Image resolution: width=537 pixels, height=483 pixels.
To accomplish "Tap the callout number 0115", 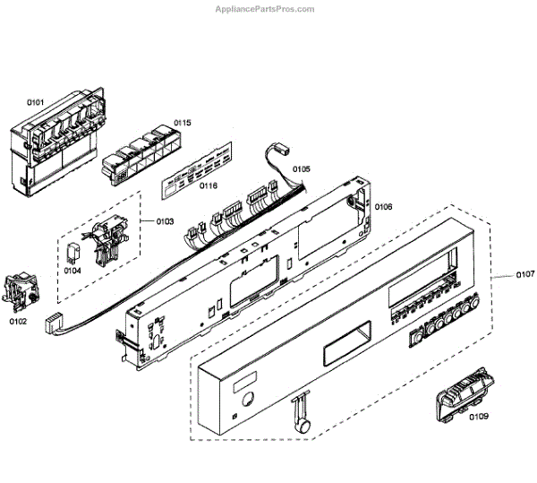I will tap(183, 122).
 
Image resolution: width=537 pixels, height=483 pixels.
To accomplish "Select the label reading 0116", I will tap(209, 185).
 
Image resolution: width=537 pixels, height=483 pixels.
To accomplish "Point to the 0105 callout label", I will tap(301, 168).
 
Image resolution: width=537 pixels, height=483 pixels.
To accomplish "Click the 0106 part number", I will tap(383, 206).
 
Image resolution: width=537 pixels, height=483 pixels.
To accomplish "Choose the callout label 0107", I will tap(524, 273).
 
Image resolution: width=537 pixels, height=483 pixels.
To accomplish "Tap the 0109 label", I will tap(479, 417).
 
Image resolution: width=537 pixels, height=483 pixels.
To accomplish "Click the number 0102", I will tap(18, 319).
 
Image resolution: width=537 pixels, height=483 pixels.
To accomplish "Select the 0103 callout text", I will tap(164, 220).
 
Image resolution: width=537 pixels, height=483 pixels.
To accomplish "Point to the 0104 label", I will tap(72, 269).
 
